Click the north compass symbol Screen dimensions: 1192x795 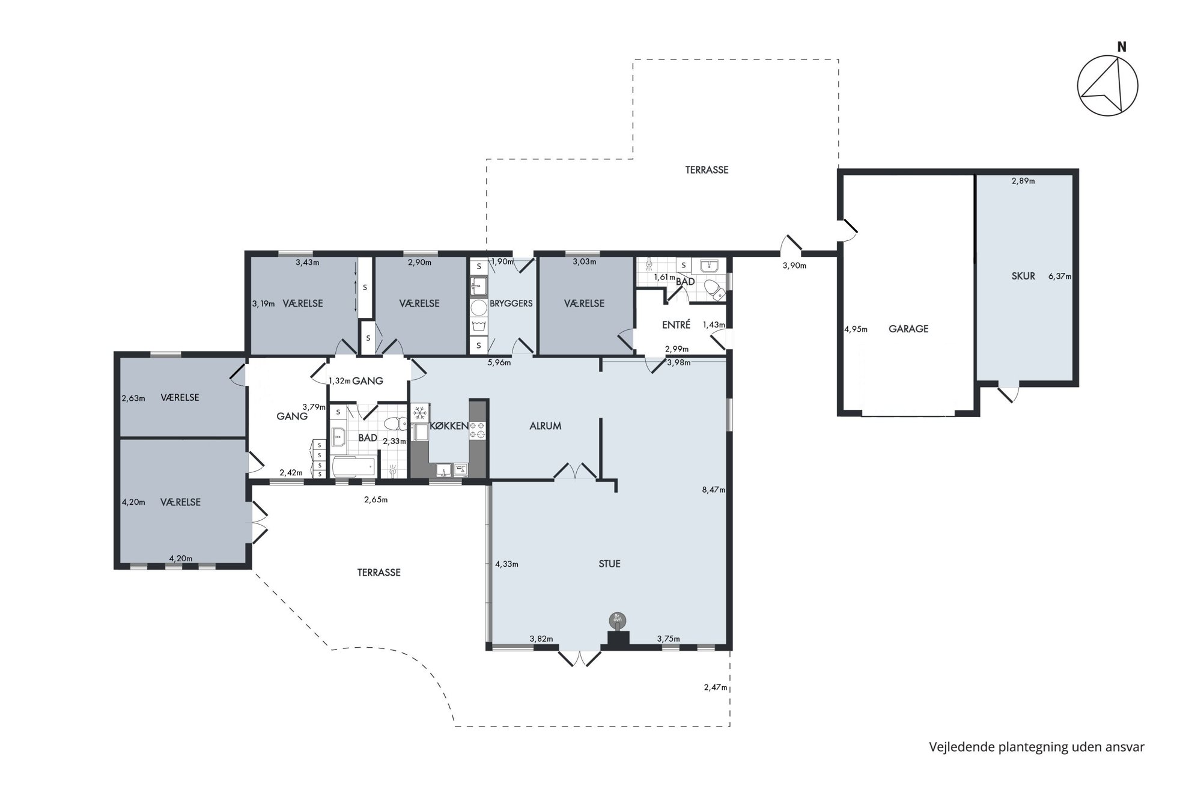pos(1107,85)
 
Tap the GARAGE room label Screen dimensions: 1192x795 pos(908,329)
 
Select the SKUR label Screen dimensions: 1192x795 pos(1023,276)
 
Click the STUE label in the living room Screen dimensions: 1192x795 pos(609,564)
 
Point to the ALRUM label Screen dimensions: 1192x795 pos(546,425)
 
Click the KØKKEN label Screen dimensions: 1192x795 pos(449,425)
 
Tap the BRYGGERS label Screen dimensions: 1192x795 pos(511,303)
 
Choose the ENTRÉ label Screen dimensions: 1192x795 pos(676,324)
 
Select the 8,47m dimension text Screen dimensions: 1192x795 pos(713,490)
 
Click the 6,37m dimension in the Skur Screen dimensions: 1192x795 pos(1060,276)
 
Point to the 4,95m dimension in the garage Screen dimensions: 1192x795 pos(856,329)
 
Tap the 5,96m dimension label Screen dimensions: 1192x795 pos(499,362)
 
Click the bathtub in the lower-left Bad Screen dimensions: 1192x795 pos(354,467)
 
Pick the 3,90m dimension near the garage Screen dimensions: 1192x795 pos(794,265)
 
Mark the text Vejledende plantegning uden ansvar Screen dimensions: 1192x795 pos(1036,747)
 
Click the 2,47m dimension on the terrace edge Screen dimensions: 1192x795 pos(716,687)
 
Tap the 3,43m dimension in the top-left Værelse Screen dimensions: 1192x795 pos(308,262)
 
